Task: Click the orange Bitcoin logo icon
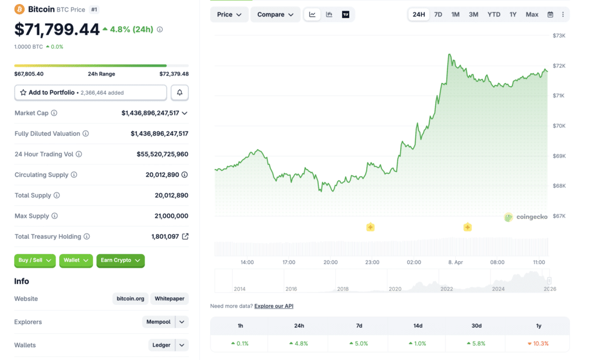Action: pyautogui.click(x=19, y=9)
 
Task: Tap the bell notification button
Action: pyautogui.click(x=180, y=92)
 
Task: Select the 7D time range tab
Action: pyautogui.click(x=438, y=15)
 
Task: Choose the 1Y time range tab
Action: pyautogui.click(x=513, y=15)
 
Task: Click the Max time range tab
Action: pyautogui.click(x=532, y=15)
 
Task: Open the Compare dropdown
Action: pyautogui.click(x=275, y=15)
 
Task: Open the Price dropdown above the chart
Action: pyautogui.click(x=229, y=15)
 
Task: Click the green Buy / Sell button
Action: pyautogui.click(x=35, y=260)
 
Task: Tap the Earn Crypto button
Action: pyautogui.click(x=121, y=260)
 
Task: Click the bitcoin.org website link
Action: pyautogui.click(x=130, y=299)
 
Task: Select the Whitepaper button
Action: pyautogui.click(x=170, y=299)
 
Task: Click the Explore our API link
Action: pyautogui.click(x=274, y=306)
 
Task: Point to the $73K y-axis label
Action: pyautogui.click(x=559, y=36)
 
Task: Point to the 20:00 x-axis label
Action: pyautogui.click(x=331, y=262)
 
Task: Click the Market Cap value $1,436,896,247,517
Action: pyautogui.click(x=150, y=113)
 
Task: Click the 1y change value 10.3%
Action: pyautogui.click(x=541, y=344)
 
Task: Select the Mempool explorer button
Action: pyautogui.click(x=159, y=322)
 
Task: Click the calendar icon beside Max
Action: pyautogui.click(x=550, y=15)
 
